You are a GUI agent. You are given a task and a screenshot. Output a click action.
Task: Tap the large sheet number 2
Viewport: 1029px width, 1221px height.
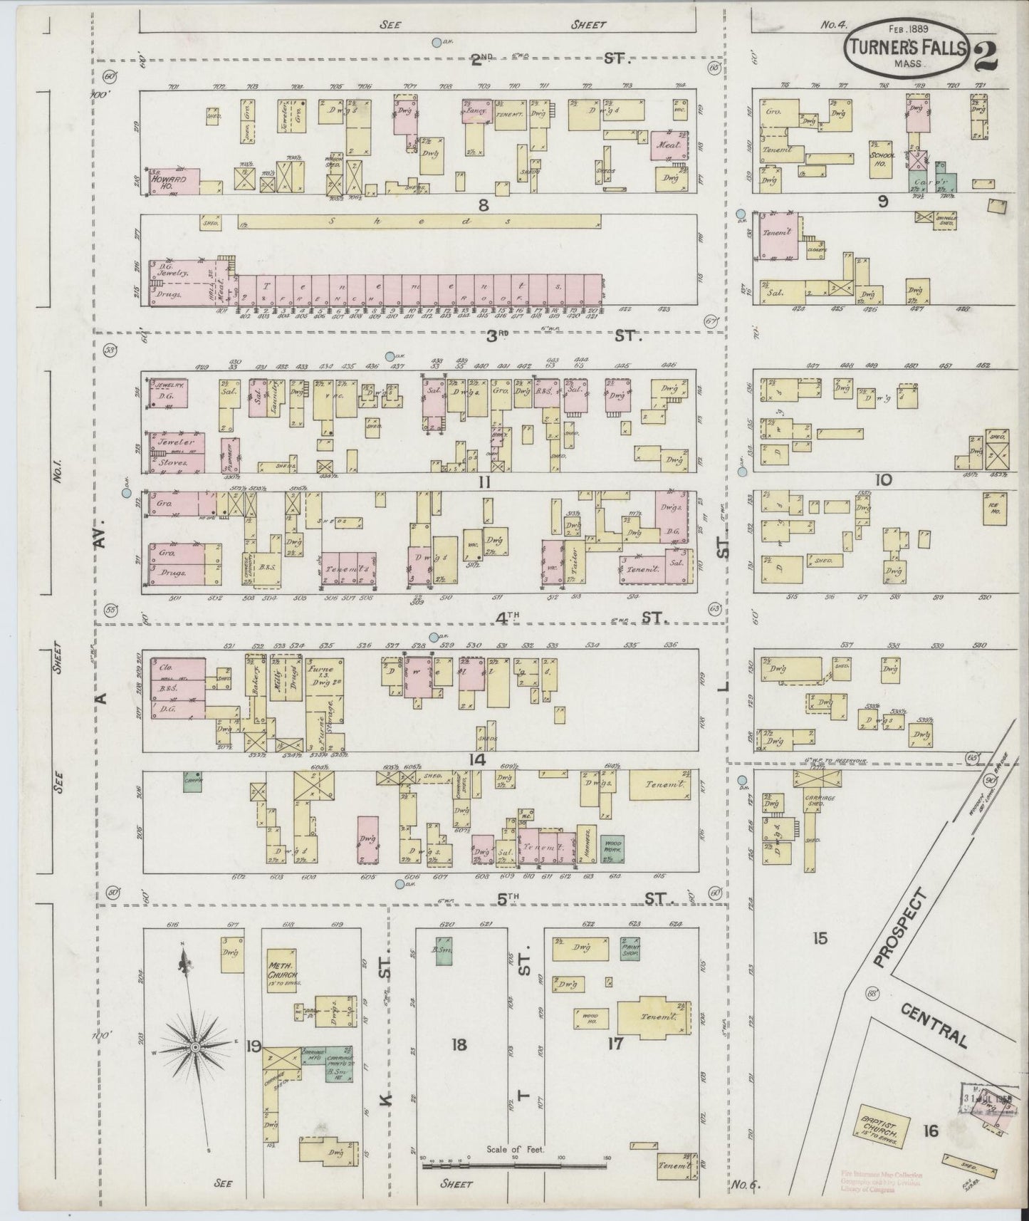pyautogui.click(x=984, y=56)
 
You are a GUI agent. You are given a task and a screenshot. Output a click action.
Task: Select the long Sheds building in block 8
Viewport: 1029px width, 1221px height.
pyautogui.click(x=419, y=222)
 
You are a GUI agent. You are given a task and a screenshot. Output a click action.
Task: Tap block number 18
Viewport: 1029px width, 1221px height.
pyautogui.click(x=459, y=1044)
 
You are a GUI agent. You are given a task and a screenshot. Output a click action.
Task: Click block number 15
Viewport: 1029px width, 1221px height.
pyautogui.click(x=820, y=938)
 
